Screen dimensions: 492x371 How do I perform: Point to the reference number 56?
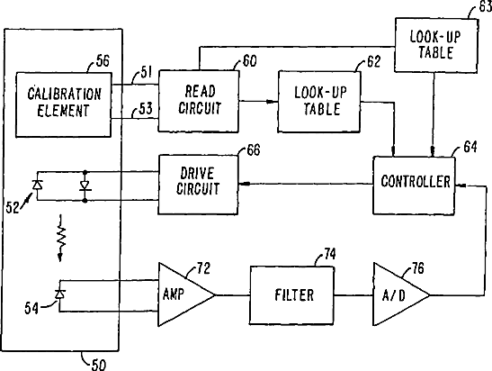tap(103, 60)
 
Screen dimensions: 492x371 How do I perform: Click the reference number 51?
tap(146, 72)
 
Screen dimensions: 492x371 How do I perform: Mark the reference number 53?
tap(146, 109)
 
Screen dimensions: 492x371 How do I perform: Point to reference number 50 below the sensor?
tap(99, 365)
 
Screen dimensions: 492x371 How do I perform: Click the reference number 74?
tap(330, 254)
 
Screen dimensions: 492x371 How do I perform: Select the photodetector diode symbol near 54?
tap(59, 294)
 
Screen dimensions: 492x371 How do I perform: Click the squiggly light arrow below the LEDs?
tap(61, 238)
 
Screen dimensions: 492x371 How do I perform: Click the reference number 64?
tap(470, 147)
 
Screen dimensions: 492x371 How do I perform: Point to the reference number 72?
tap(204, 268)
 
